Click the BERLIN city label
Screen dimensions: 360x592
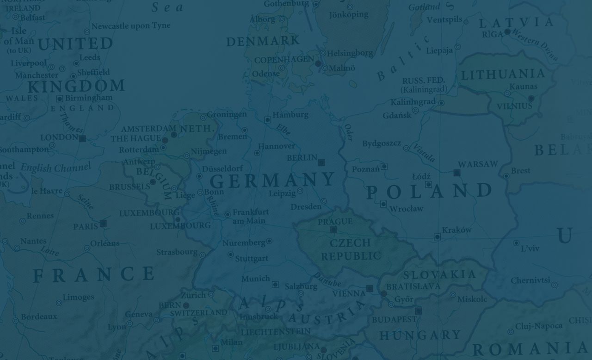[x=302, y=158]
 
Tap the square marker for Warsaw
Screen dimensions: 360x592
[x=457, y=173]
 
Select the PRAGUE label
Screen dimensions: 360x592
[x=335, y=222]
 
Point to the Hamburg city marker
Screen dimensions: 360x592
[x=267, y=120]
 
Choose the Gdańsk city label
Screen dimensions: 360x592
[x=397, y=115]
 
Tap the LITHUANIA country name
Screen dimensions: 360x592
[x=503, y=74]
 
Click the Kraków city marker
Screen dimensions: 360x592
[x=437, y=237]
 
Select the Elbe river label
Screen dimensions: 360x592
[x=283, y=130]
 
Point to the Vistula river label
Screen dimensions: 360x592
[x=424, y=153]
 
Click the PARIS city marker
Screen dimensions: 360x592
[x=103, y=223]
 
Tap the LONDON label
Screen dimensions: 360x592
[x=59, y=137]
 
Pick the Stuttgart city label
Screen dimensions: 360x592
[x=252, y=259]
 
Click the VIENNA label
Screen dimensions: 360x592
[x=349, y=293]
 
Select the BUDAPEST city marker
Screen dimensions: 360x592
[x=419, y=311]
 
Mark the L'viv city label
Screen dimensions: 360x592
[x=530, y=248]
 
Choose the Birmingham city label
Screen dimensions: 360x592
[x=88, y=98]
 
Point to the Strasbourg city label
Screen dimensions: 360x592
[x=177, y=252]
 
